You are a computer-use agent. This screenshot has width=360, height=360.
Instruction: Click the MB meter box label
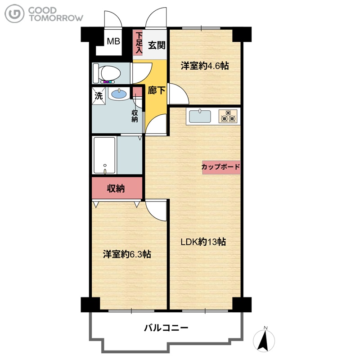point(113,41)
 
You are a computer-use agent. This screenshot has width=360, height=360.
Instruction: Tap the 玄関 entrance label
point(157,45)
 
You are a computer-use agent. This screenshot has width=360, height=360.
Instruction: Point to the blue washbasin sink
point(119,94)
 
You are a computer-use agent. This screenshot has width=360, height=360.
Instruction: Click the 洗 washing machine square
point(99,95)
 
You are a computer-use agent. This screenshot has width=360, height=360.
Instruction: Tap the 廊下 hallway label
point(156,90)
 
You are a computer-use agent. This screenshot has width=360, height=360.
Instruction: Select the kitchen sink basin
point(200,117)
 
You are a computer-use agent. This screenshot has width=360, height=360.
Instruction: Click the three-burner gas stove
point(228,117)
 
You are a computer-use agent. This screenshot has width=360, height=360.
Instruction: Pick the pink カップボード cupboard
point(221,167)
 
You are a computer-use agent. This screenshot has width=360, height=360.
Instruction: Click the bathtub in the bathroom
point(104,155)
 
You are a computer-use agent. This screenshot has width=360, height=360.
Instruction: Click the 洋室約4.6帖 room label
point(205,66)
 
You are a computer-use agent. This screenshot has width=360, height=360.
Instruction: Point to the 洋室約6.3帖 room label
point(127,254)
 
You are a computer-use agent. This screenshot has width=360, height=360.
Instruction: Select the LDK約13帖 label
point(203,242)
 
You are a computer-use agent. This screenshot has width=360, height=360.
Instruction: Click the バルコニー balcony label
point(166,328)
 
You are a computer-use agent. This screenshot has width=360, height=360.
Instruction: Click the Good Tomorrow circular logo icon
point(14,14)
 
